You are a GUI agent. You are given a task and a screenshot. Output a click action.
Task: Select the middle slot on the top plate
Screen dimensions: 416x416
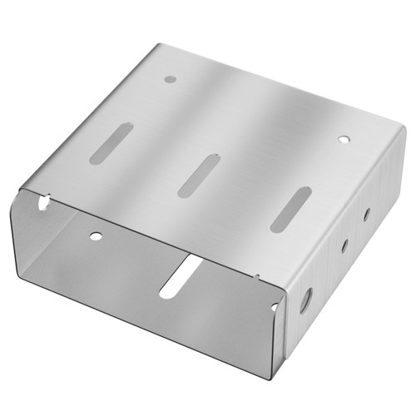pos(198,175)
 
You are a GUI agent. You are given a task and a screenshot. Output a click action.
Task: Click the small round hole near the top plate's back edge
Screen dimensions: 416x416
pos(171,80)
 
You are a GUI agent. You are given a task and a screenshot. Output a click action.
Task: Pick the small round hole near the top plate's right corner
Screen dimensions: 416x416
pos(343,140)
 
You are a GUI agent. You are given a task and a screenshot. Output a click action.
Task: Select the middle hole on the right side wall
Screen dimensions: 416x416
pos(344,245)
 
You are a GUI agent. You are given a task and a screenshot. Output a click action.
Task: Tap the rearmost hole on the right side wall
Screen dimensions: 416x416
pos(365,214)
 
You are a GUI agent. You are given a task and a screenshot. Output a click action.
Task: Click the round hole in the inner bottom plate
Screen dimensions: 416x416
pos(96,237)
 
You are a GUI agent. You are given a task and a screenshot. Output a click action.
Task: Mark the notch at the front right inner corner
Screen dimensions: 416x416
pos(275,307)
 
